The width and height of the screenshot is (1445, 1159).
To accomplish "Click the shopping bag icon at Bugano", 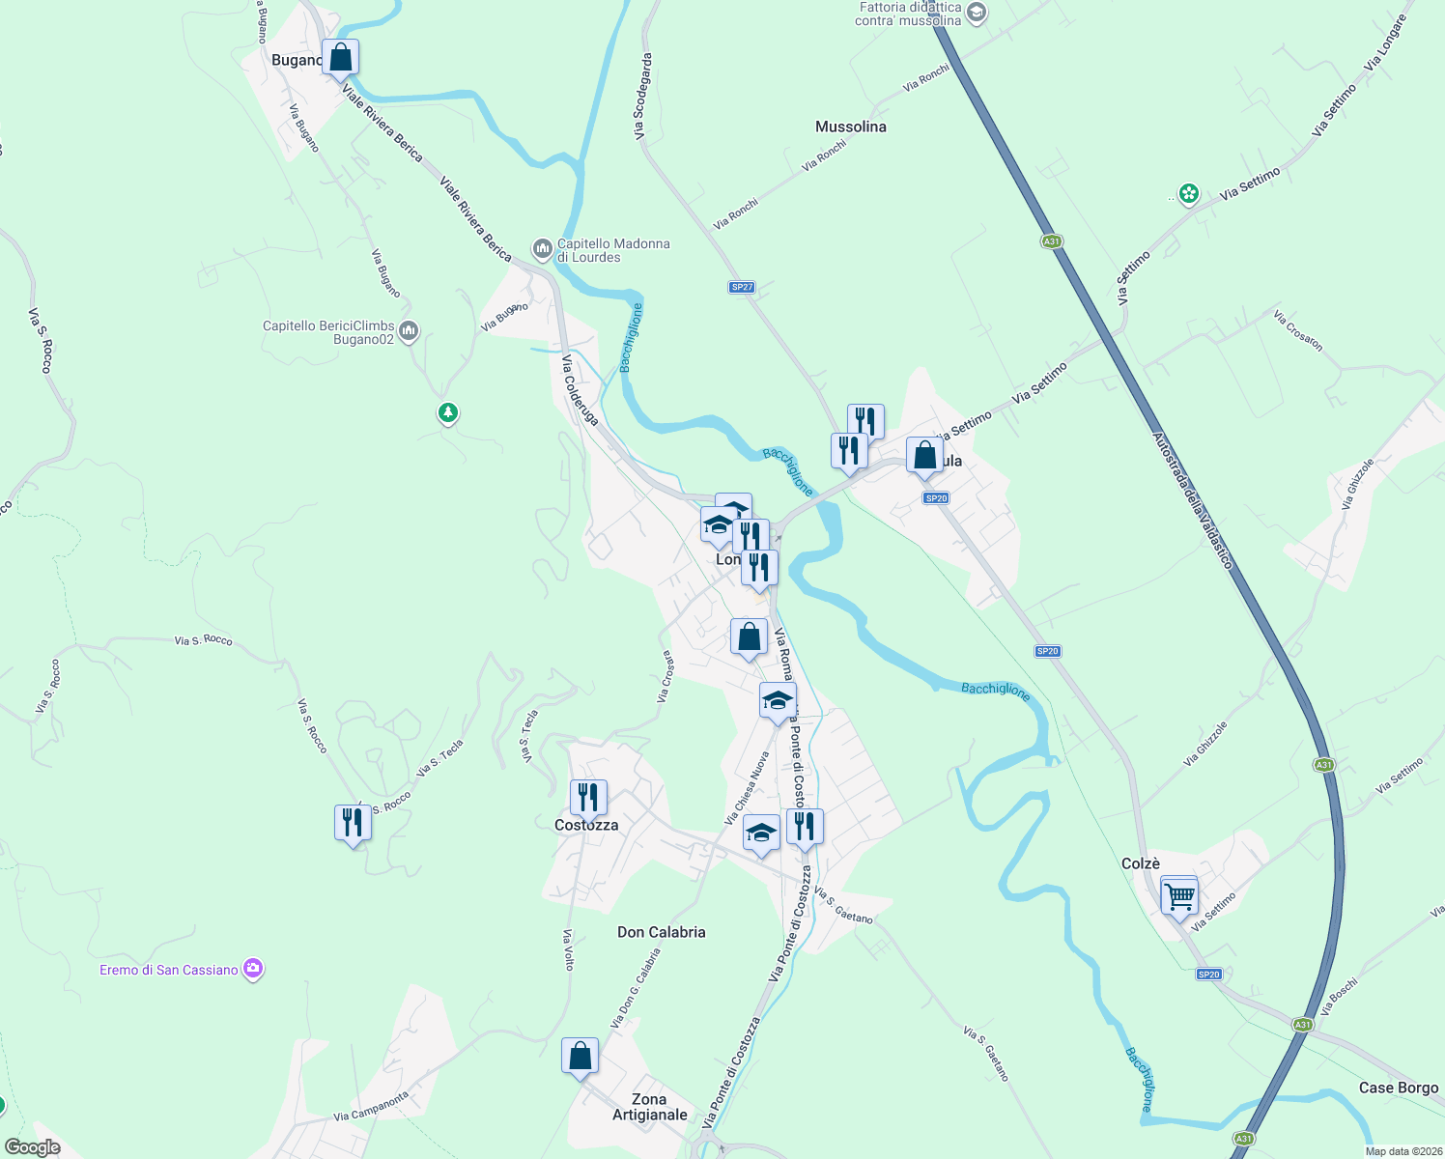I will [x=340, y=57].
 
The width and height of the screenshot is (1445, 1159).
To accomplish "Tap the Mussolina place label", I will [x=850, y=127].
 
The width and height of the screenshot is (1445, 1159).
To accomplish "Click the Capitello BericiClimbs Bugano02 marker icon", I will [x=409, y=331].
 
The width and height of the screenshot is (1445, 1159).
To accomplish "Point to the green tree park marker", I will [x=447, y=413].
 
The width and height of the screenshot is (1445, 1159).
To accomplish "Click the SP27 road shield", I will [x=741, y=287].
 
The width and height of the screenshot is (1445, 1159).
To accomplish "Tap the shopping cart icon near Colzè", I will [x=1179, y=897].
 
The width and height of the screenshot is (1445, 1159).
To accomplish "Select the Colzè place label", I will [x=1141, y=863].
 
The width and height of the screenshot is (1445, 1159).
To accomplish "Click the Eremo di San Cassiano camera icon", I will [x=253, y=969].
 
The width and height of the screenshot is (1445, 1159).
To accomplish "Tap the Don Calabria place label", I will [x=662, y=932].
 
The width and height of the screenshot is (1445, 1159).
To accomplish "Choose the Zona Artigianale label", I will [x=649, y=1107].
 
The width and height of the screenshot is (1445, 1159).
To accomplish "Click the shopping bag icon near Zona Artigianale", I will [x=580, y=1056].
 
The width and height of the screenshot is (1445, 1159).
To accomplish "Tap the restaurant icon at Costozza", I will [x=588, y=798].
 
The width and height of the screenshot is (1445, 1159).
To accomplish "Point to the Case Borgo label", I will [x=1399, y=1088].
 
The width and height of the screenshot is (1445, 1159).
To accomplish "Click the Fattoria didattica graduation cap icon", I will [x=977, y=13].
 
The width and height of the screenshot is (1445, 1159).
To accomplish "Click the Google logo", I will [x=32, y=1147].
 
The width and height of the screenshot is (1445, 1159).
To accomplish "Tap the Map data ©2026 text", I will [x=1401, y=1151].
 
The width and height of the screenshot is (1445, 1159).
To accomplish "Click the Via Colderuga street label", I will [x=580, y=390].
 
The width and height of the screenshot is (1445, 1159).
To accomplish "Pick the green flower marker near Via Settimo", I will [x=1189, y=193].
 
